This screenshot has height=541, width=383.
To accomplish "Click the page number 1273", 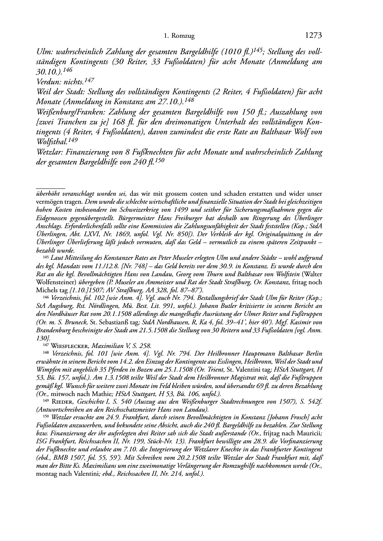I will pyautogui.click(x=314, y=36).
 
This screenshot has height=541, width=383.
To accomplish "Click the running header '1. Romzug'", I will pyautogui.click(x=179, y=36).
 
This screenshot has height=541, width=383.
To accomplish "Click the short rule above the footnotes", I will pyautogui.click(x=50, y=188).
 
